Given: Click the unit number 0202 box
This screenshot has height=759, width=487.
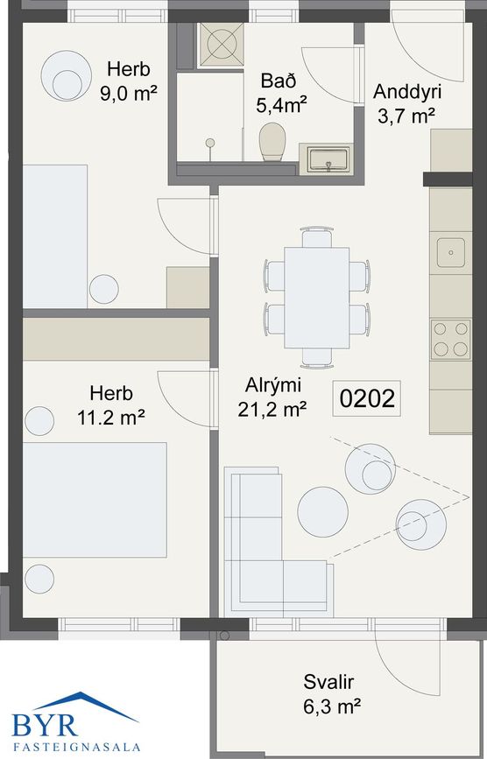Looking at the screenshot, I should tap(367, 399).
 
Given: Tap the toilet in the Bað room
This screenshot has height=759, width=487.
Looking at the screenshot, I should tap(273, 141).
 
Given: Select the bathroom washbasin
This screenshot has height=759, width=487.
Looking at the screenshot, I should tap(326, 159).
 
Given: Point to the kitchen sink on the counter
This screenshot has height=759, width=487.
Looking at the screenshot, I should tap(452, 251).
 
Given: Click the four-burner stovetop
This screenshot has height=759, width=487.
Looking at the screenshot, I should tap(450, 340).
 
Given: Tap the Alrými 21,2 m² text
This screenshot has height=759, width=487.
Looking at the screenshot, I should tap(272, 396).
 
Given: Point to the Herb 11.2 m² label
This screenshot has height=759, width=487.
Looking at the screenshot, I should tap(111, 406).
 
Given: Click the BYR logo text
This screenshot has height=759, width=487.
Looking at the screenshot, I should tap(46, 724).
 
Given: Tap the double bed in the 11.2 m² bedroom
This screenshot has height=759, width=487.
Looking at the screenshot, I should tap(94, 499).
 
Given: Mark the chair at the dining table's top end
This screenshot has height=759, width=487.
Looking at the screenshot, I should tap(316, 237).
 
